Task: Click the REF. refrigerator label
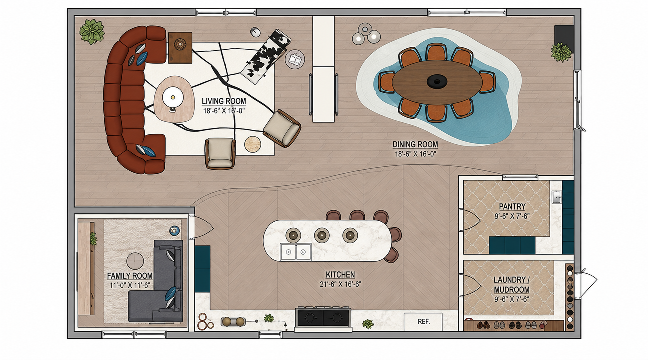point(424,321)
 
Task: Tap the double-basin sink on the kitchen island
point(295,252)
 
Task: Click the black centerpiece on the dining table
point(436,81)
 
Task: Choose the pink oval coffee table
point(174,99)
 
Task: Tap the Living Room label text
point(224,101)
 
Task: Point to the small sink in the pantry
point(556,197)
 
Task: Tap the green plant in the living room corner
point(92,32)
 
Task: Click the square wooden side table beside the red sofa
point(180,47)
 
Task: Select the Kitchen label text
point(340,275)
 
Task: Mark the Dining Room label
point(415,144)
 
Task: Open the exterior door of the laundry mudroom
point(586,284)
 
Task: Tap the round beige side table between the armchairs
point(253,144)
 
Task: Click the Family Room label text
point(130,276)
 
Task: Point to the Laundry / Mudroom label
point(511,285)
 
